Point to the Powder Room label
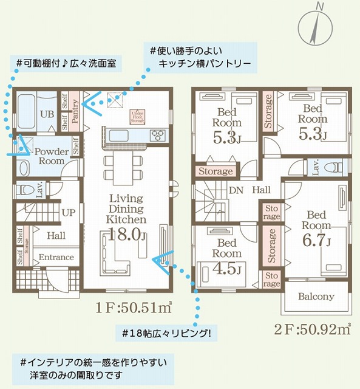tap(51, 156)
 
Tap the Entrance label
tap(56, 257)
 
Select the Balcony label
tap(316, 297)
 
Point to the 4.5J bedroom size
tap(228, 269)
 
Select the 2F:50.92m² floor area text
tap(311, 329)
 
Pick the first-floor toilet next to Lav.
tap(22, 189)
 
